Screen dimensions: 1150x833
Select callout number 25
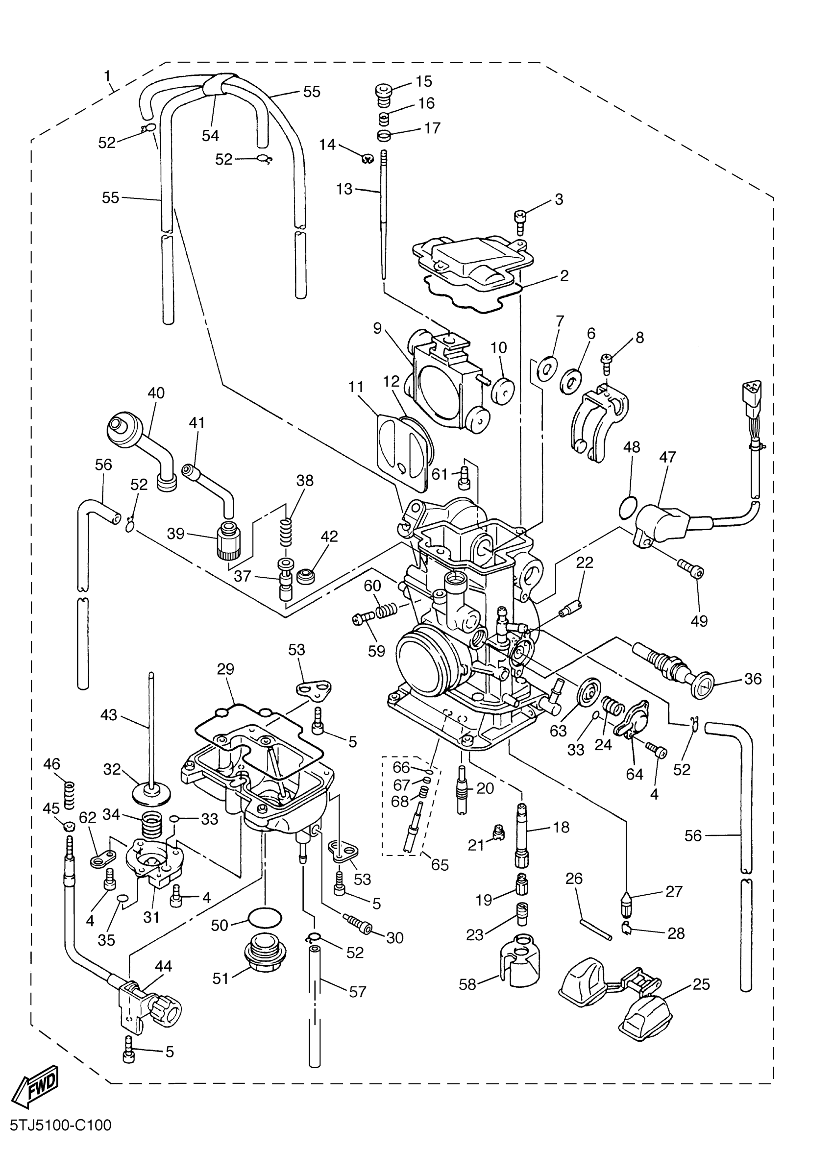[x=701, y=984]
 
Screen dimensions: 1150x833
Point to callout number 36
[x=753, y=679]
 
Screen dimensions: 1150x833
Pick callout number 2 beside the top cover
[x=564, y=276]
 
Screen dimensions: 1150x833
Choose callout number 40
[x=156, y=393]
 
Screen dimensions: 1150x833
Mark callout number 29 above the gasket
[x=225, y=669]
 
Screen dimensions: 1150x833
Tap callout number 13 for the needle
[x=344, y=189]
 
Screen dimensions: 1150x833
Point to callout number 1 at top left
[x=107, y=76]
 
